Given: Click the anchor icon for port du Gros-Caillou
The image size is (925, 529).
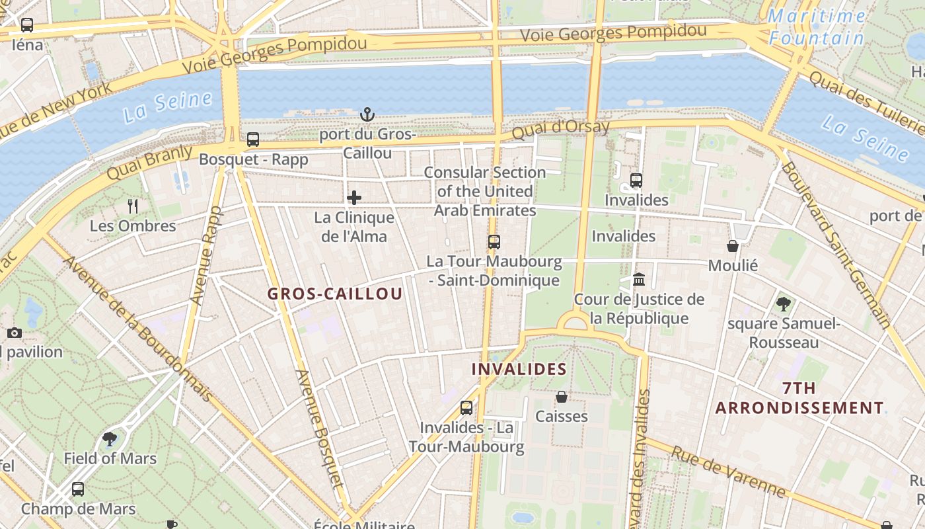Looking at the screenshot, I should [x=367, y=115].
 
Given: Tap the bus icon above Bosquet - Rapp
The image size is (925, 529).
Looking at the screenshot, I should [x=253, y=140].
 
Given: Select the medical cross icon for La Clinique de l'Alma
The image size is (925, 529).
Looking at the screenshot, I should [x=354, y=198].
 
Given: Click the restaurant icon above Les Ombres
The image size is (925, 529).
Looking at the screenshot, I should [x=133, y=206].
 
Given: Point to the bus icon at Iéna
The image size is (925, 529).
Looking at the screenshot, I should [x=27, y=25].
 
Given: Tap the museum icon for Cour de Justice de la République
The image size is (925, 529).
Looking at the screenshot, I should [x=639, y=280].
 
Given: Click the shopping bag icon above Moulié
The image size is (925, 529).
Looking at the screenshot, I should [x=733, y=246].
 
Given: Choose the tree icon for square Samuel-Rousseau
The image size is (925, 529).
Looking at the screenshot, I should [x=784, y=304].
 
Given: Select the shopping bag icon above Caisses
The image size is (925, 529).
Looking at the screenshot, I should [x=562, y=397].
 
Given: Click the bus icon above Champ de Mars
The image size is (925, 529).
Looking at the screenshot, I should [x=78, y=489].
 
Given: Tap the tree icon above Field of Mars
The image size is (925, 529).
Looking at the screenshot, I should [x=110, y=438].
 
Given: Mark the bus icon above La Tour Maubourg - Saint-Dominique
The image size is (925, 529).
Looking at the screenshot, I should [x=494, y=242].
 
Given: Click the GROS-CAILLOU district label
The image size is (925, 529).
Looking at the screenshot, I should [x=335, y=294].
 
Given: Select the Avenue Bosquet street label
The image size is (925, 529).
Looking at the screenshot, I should [x=320, y=436].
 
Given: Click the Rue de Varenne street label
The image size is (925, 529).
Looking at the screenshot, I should [x=729, y=471].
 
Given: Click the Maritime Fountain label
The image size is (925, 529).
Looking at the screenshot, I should [x=817, y=27].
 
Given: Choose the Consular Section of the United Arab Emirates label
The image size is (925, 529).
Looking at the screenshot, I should [x=485, y=191].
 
